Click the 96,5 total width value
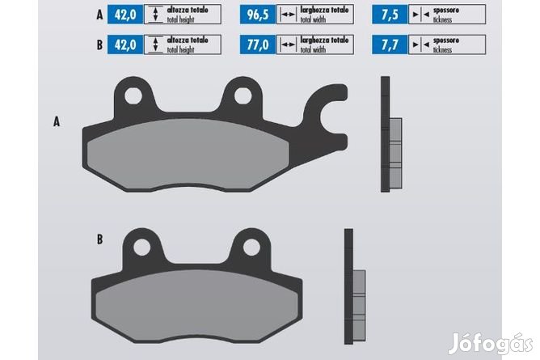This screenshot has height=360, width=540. tap(258, 15)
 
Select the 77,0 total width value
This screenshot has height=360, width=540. tap(258, 44)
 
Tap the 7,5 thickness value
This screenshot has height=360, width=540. tap(390, 15)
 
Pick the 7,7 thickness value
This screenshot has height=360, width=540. tap(390, 44)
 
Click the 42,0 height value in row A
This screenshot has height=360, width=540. tap(125, 15)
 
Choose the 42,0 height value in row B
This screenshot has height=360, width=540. tap(125, 44)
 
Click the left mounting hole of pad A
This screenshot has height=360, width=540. tap(133, 95)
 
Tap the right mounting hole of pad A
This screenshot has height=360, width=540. tap(243, 95)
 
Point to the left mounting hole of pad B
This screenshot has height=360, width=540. tap(142, 248)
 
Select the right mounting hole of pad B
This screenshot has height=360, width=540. tap(251, 248)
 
